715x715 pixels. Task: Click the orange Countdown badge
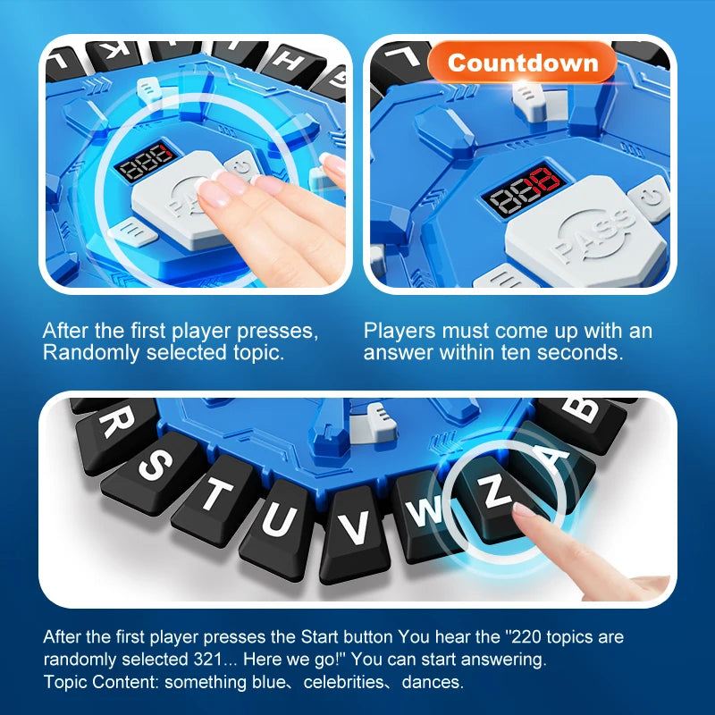[x=522, y=63]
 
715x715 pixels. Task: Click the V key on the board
[x=356, y=527]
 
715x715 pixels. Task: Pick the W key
[x=427, y=511]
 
